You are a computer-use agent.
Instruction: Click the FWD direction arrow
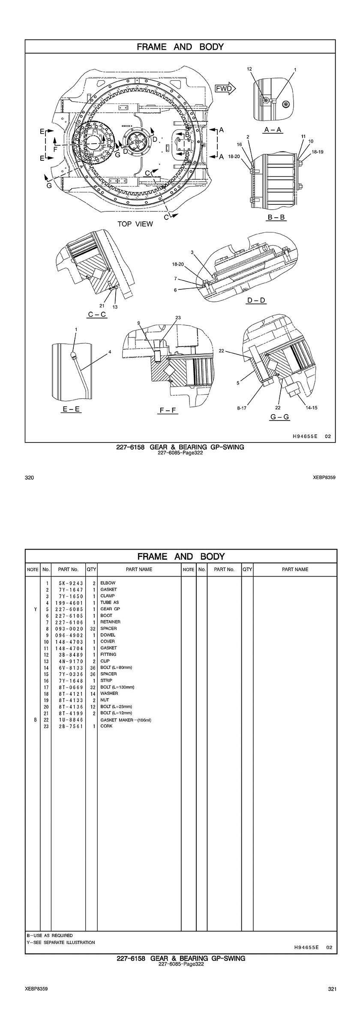pyautogui.click(x=225, y=89)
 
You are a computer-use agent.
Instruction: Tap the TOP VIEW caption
pyautogui.click(x=135, y=224)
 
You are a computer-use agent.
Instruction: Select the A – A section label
pyautogui.click(x=273, y=129)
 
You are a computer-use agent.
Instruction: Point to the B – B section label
pyautogui.click(x=276, y=217)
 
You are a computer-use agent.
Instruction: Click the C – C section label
pyautogui.click(x=97, y=314)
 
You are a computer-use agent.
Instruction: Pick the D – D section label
pyautogui.click(x=256, y=300)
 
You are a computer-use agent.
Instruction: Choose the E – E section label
pyautogui.click(x=71, y=409)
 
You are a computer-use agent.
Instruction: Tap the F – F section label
pyautogui.click(x=168, y=410)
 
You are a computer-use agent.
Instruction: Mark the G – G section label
pyautogui.click(x=279, y=417)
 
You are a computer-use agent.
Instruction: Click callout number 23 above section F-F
pyautogui.click(x=178, y=318)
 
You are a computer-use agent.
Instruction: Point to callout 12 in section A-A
pyautogui.click(x=249, y=69)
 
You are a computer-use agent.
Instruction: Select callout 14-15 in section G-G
pyautogui.click(x=312, y=408)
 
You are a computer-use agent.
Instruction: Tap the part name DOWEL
pyautogui.click(x=108, y=635)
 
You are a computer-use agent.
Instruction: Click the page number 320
pyautogui.click(x=29, y=478)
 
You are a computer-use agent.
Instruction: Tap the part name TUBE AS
pyautogui.click(x=109, y=602)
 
